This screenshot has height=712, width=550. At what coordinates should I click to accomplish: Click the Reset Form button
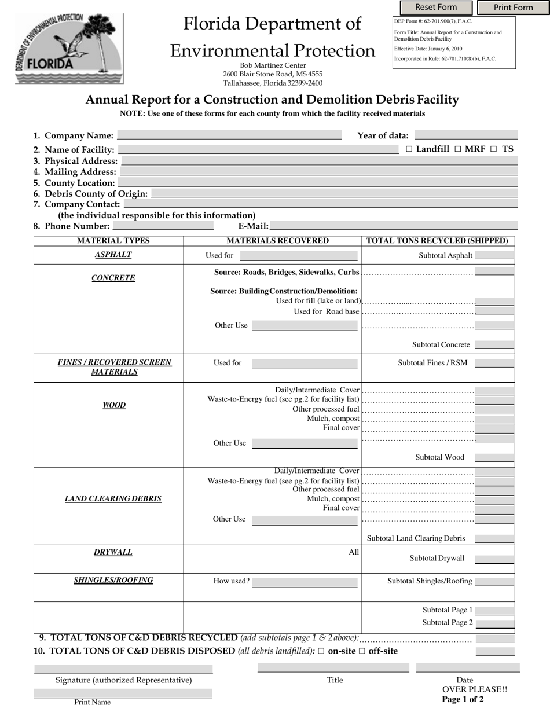(x=436, y=8)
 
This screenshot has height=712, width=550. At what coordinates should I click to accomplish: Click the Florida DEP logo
(x=69, y=49)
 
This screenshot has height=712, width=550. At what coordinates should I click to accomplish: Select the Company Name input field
(x=229, y=135)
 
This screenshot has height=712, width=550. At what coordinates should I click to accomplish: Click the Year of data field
(x=466, y=135)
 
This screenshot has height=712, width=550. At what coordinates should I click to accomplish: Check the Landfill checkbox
(x=409, y=149)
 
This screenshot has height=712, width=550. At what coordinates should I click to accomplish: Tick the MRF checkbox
(x=458, y=149)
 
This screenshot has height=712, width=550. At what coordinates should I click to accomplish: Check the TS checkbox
(x=494, y=149)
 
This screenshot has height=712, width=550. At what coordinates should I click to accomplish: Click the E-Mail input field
(x=393, y=226)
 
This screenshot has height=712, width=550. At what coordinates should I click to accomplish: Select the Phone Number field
(x=163, y=226)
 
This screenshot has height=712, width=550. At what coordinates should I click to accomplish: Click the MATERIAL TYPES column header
(x=113, y=241)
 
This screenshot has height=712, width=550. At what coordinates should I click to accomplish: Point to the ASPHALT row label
(x=113, y=255)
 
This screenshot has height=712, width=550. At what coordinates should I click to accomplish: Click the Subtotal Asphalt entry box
(x=494, y=255)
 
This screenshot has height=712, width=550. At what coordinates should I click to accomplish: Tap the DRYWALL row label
(x=113, y=552)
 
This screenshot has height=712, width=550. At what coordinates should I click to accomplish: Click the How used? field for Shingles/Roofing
(x=305, y=582)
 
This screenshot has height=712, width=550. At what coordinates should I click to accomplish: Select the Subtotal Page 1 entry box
(x=494, y=610)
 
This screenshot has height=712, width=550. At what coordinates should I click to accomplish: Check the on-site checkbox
(x=321, y=651)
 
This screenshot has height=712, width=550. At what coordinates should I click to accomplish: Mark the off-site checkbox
(x=362, y=651)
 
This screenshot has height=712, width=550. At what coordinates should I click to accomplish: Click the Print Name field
(x=123, y=693)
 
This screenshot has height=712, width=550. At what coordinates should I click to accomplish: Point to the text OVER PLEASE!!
(x=475, y=689)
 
